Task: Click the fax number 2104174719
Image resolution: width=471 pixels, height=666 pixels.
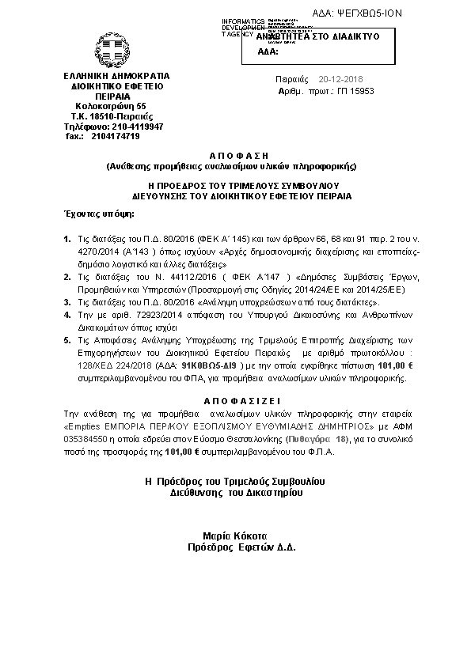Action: click(x=116, y=136)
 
